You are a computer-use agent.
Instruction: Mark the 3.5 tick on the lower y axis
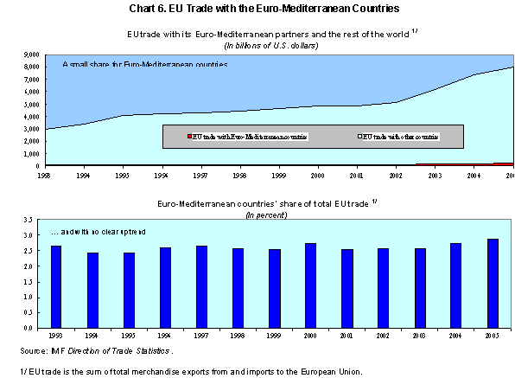pyautogui.click(x=34, y=220)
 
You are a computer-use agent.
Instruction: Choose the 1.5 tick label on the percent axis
pyautogui.click(x=34, y=282)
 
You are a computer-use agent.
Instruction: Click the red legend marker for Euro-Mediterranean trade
pyautogui.click(x=188, y=137)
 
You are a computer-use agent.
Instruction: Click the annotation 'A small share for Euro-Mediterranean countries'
pyautogui.click(x=144, y=65)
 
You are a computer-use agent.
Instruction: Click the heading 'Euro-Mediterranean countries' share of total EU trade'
pyautogui.click(x=256, y=203)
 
